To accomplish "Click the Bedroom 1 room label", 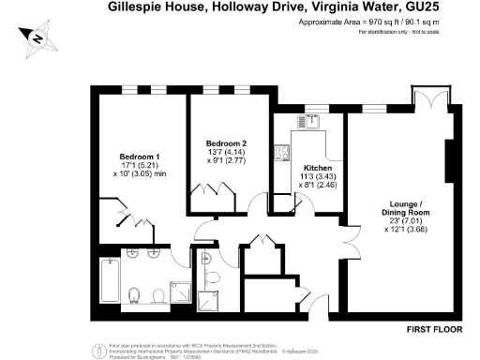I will [x=139, y=156].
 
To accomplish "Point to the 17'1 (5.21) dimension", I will [x=139, y=166].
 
